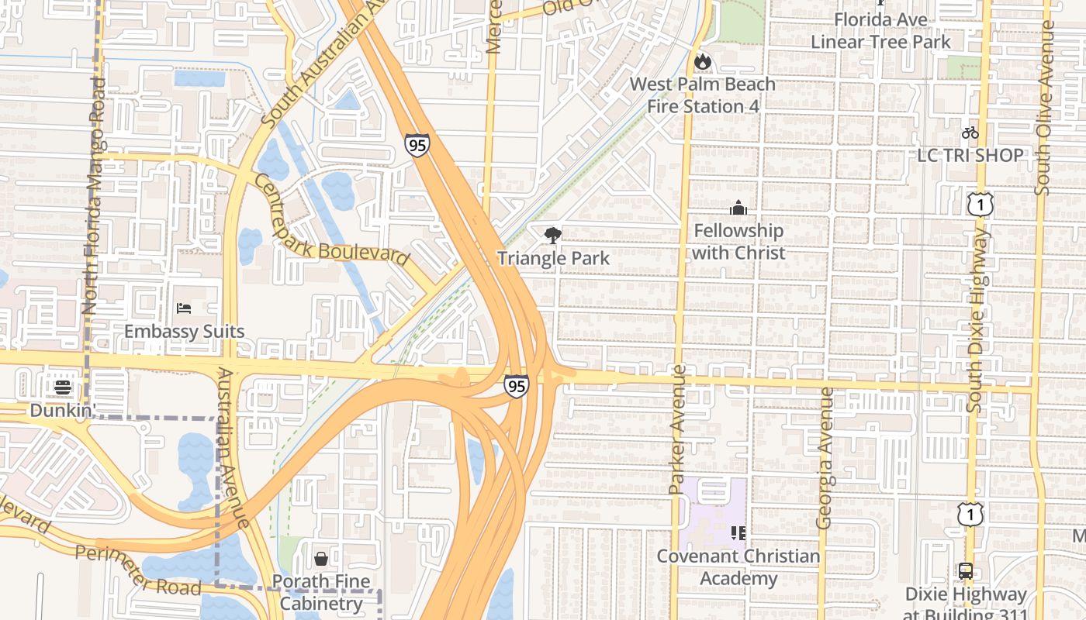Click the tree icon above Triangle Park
pos(552,235)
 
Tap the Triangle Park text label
pos(553,258)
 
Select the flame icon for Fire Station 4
pos(702,61)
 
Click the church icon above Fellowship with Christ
pos(738,208)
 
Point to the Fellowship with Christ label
pos(738,242)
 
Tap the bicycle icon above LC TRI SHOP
pos(970,133)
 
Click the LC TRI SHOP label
pos(970,155)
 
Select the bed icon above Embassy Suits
pos(184,308)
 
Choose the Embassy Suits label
pos(184,332)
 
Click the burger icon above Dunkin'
pos(63,387)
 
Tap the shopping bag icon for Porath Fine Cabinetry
pos(320,558)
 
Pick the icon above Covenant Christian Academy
pos(738,532)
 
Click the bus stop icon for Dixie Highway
pos(965,571)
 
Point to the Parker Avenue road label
pos(677,429)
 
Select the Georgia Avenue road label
pos(825,458)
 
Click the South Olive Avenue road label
pos(1045,108)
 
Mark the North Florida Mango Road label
pos(94,195)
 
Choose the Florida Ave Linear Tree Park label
pos(880,30)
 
